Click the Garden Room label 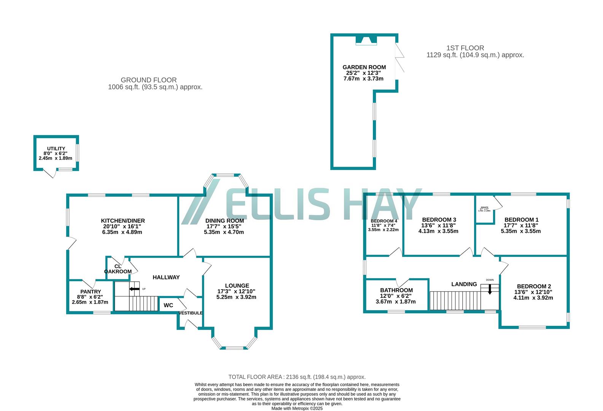click(x=364, y=67)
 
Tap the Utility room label click(x=56, y=148)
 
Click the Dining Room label click(x=224, y=221)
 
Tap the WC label click(x=168, y=305)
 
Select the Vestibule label click(x=191, y=313)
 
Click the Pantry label click(x=90, y=292)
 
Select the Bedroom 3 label click(x=439, y=220)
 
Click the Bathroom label click(x=396, y=290)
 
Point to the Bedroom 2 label click(x=533, y=287)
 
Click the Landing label click(x=464, y=284)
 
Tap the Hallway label click(x=166, y=277)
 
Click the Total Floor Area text click(x=297, y=377)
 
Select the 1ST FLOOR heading click(x=465, y=48)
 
